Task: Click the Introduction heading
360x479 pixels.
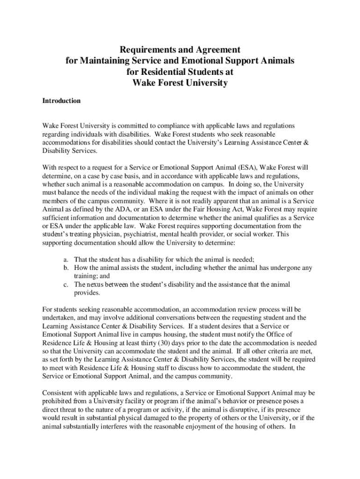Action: (61, 101)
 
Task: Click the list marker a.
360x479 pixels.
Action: (66, 260)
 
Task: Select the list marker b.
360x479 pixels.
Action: (66, 268)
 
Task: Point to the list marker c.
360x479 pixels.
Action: (66, 284)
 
